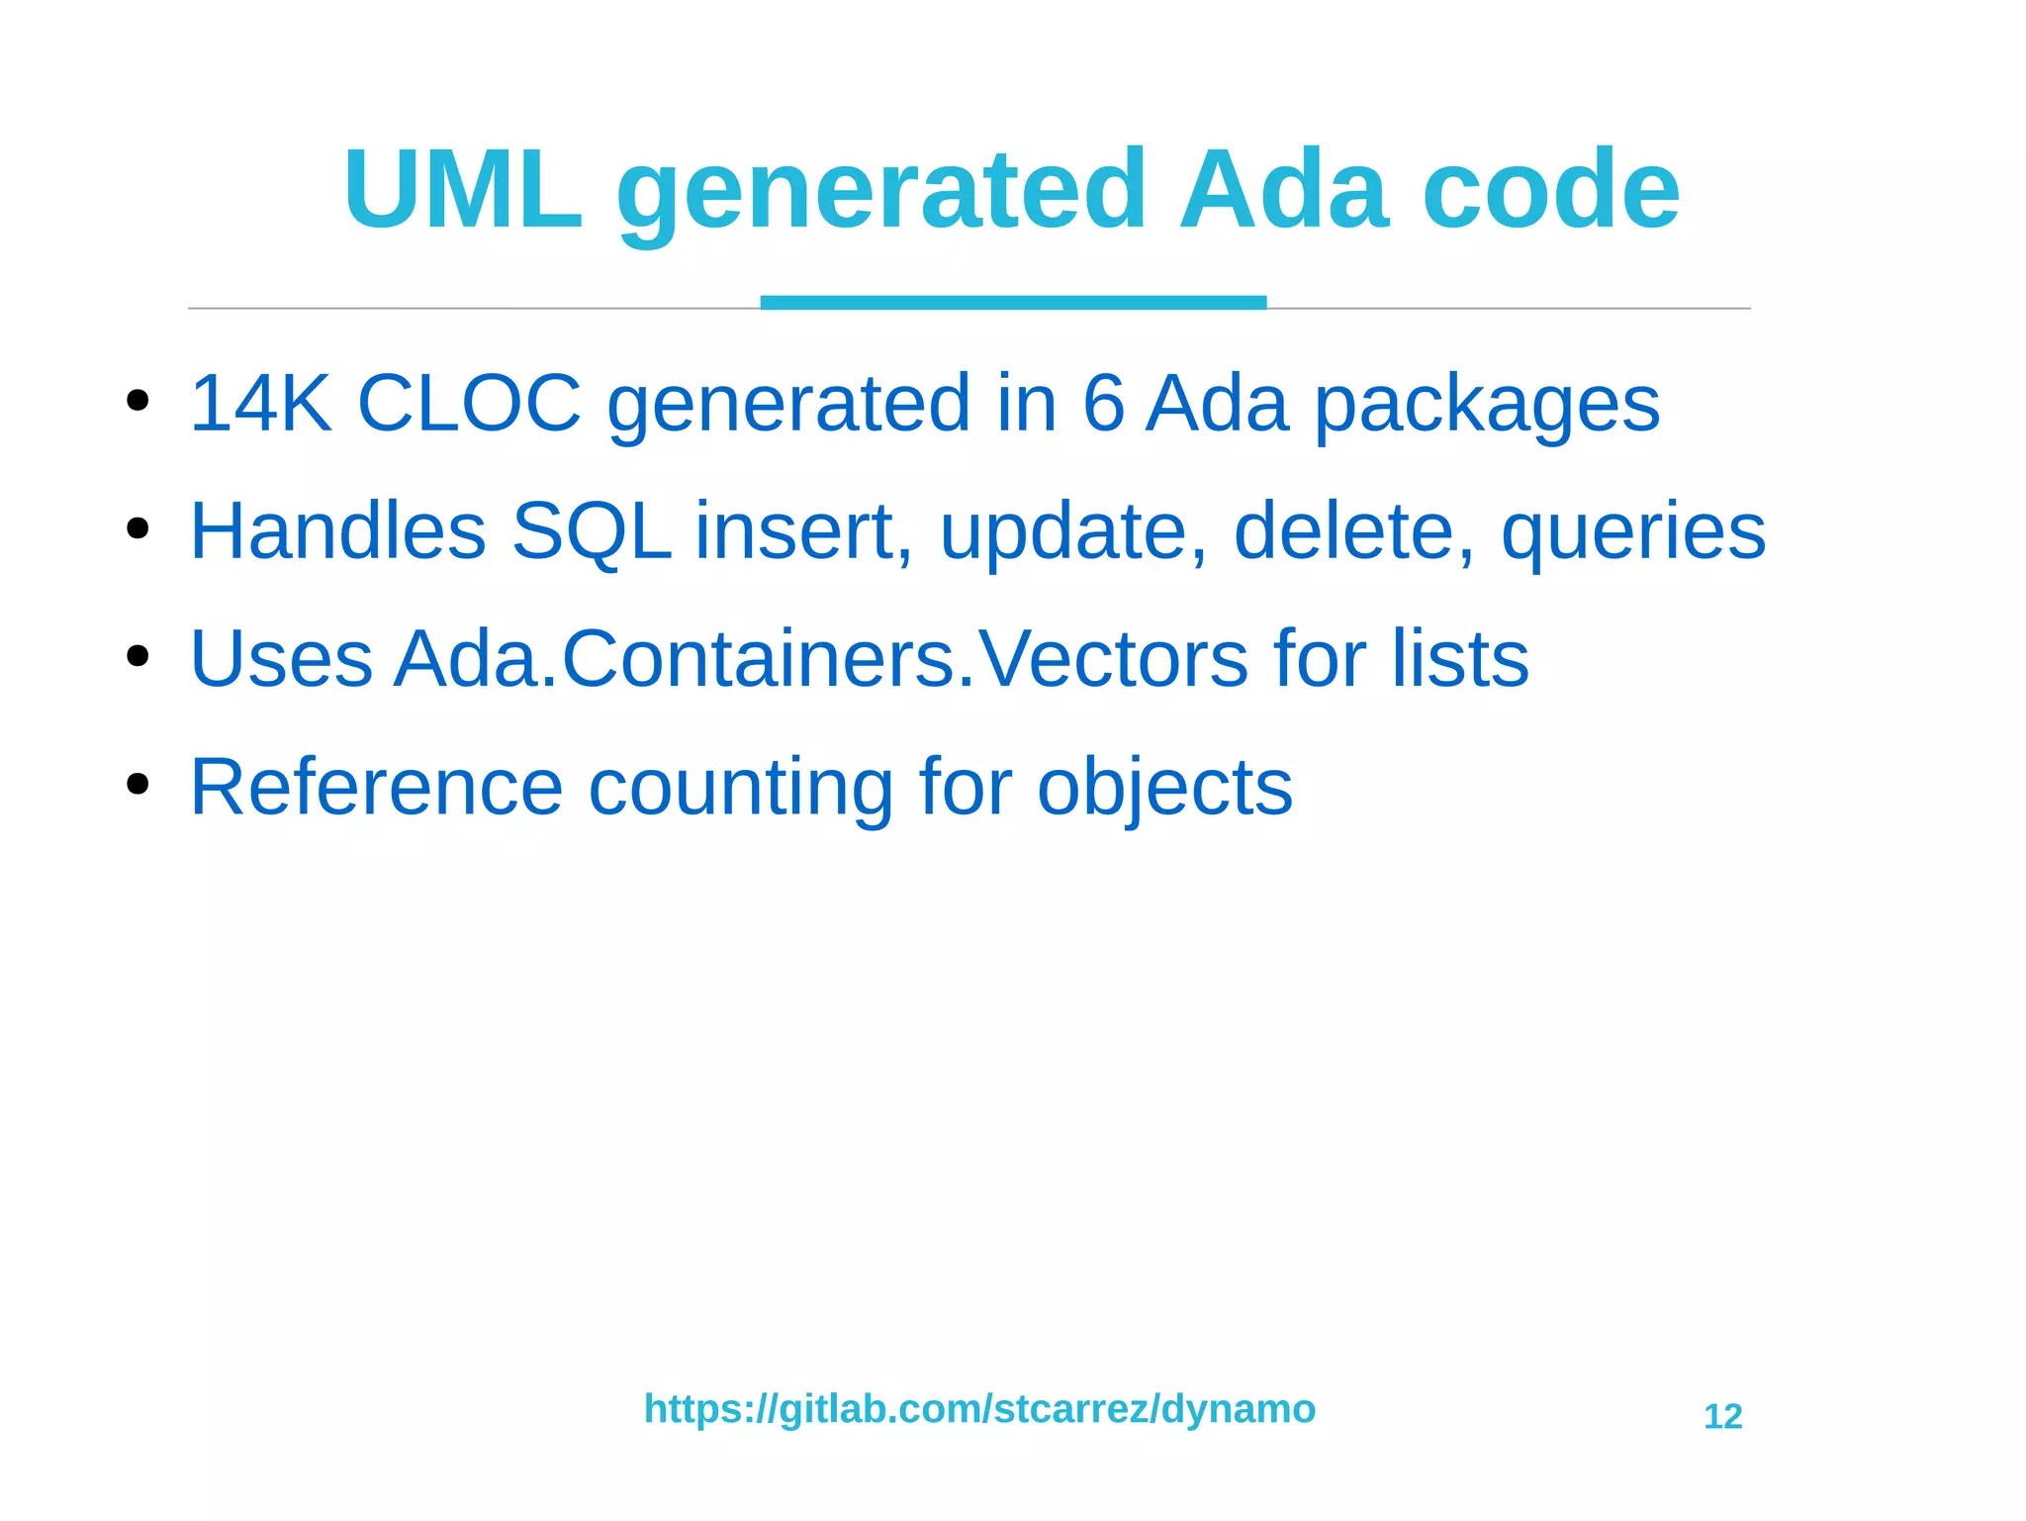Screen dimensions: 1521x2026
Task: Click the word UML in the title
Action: (463, 189)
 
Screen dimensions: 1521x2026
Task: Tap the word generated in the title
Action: (880, 193)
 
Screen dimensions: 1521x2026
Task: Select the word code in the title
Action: (1550, 189)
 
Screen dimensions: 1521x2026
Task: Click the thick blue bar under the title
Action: (1013, 302)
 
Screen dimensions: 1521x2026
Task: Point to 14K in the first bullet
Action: (260, 403)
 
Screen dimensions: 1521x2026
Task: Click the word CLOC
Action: (469, 403)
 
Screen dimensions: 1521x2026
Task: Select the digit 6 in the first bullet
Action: (1103, 403)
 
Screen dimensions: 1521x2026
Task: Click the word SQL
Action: (591, 532)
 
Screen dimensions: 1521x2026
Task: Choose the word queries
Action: (1632, 535)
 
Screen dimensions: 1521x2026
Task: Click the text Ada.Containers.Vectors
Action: (821, 659)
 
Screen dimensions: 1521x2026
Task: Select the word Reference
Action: (376, 787)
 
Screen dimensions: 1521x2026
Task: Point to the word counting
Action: (741, 790)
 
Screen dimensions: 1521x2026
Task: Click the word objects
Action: (1164, 790)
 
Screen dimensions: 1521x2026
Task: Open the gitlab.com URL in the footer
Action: (979, 1409)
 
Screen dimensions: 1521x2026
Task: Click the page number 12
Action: (1722, 1417)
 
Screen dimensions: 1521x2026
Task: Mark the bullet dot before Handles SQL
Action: (138, 528)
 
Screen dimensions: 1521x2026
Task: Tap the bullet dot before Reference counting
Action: (138, 784)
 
